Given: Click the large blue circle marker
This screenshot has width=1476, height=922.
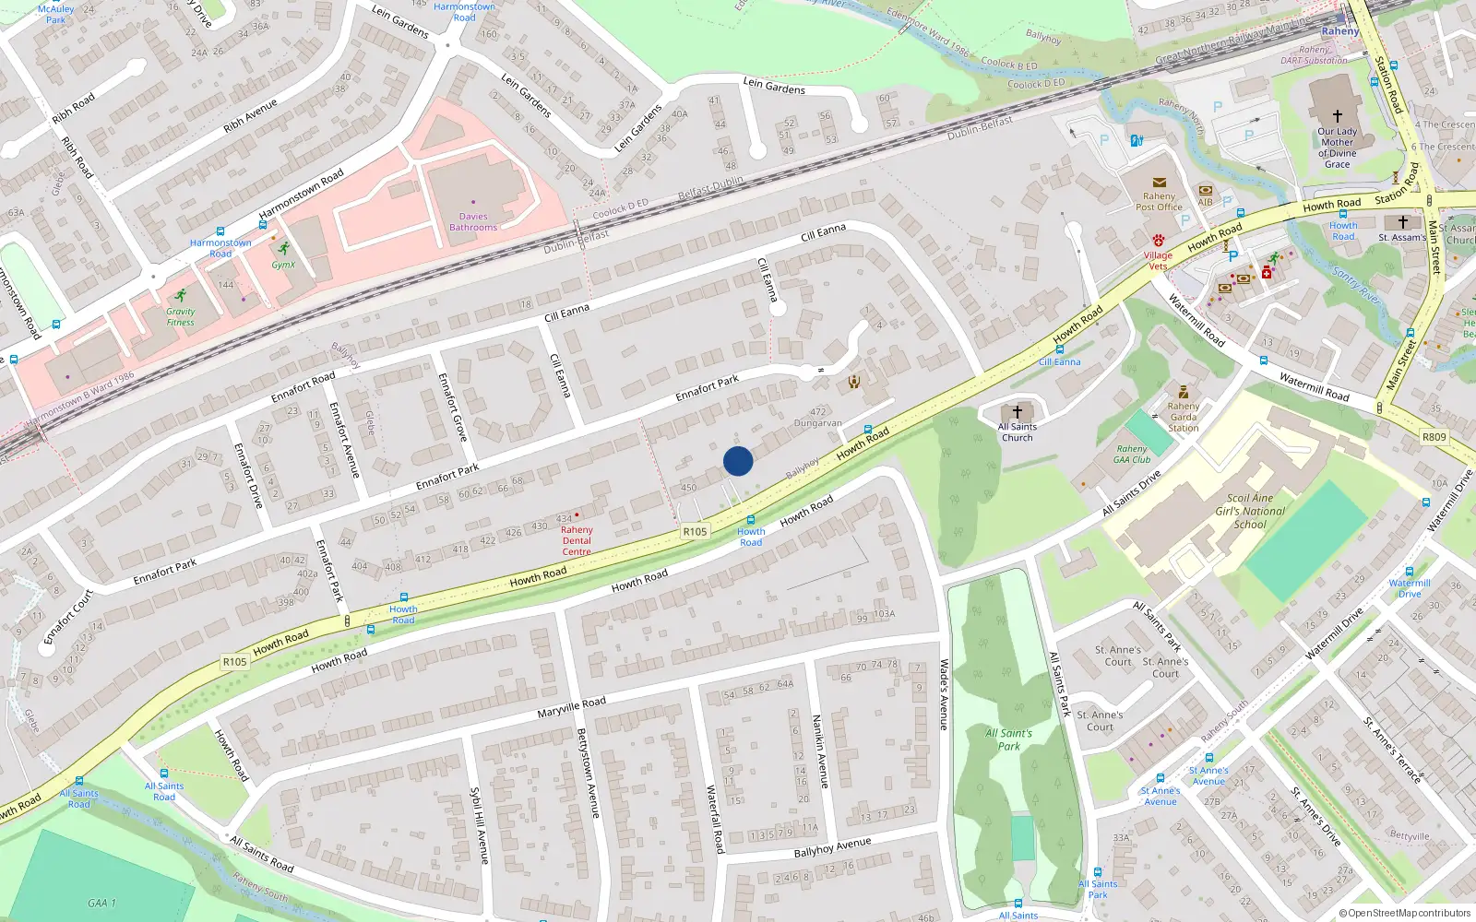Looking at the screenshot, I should coord(738,461).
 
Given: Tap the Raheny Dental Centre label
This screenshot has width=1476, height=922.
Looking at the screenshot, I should coord(577,540).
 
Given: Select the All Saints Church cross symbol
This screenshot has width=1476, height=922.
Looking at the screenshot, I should coord(1018,412).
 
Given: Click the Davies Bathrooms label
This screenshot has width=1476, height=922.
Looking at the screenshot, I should coord(473,222).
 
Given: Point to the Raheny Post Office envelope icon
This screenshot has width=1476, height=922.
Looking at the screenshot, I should coord(1159,183).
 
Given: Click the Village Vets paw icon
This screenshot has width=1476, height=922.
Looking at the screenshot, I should coord(1158,241).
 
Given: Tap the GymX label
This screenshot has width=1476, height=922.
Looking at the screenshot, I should coord(283,265).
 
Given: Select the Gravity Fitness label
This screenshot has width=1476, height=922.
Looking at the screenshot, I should coord(181,317).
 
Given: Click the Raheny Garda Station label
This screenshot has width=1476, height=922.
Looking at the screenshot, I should coord(1184,417).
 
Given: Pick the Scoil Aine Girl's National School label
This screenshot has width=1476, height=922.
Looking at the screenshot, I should coord(1250,511).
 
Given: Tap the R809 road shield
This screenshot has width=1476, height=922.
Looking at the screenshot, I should coord(1434,437).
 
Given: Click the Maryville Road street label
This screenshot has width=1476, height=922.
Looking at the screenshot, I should coord(572,708).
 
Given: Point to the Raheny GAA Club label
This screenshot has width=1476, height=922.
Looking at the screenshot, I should coord(1132,454).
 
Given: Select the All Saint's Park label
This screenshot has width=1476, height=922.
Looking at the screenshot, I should coord(1008,739).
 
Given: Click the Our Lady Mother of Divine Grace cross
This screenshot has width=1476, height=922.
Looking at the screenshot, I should coord(1338,116).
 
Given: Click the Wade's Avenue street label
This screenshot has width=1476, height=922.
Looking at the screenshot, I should coord(944,694).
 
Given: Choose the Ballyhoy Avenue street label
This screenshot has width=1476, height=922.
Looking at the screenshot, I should coord(832,847).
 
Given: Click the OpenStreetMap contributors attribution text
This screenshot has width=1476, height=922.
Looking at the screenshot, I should coord(1405,914).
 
